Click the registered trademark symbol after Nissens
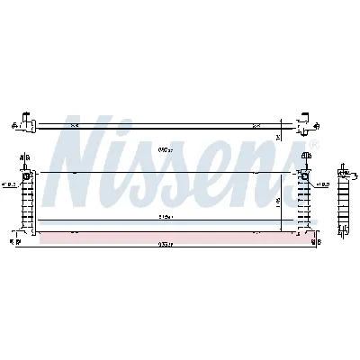coord(312,145)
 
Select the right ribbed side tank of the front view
coord(305,200)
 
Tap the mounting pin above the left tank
coord(23,159)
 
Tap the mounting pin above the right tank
coord(306,159)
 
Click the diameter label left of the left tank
coord(9,185)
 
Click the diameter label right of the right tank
coord(321,185)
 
